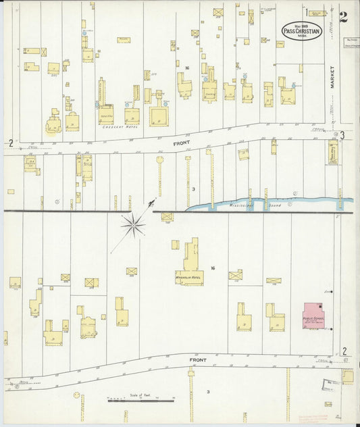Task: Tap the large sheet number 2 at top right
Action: tap(344, 17)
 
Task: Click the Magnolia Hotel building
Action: tap(190, 263)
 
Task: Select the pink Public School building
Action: tap(313, 316)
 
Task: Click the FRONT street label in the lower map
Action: tap(197, 359)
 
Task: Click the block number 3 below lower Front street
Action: tap(208, 391)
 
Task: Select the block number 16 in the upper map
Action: tap(186, 68)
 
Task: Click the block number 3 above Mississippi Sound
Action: tap(193, 189)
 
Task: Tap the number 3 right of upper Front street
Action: tap(343, 135)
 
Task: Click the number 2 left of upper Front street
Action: tap(11, 142)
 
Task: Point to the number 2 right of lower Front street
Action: tap(344, 351)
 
